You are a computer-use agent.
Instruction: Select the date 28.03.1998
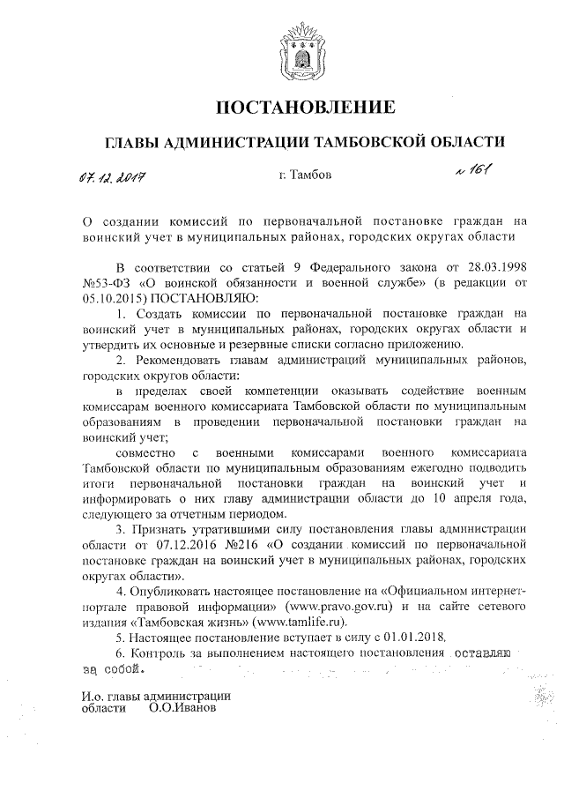click(497, 267)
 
